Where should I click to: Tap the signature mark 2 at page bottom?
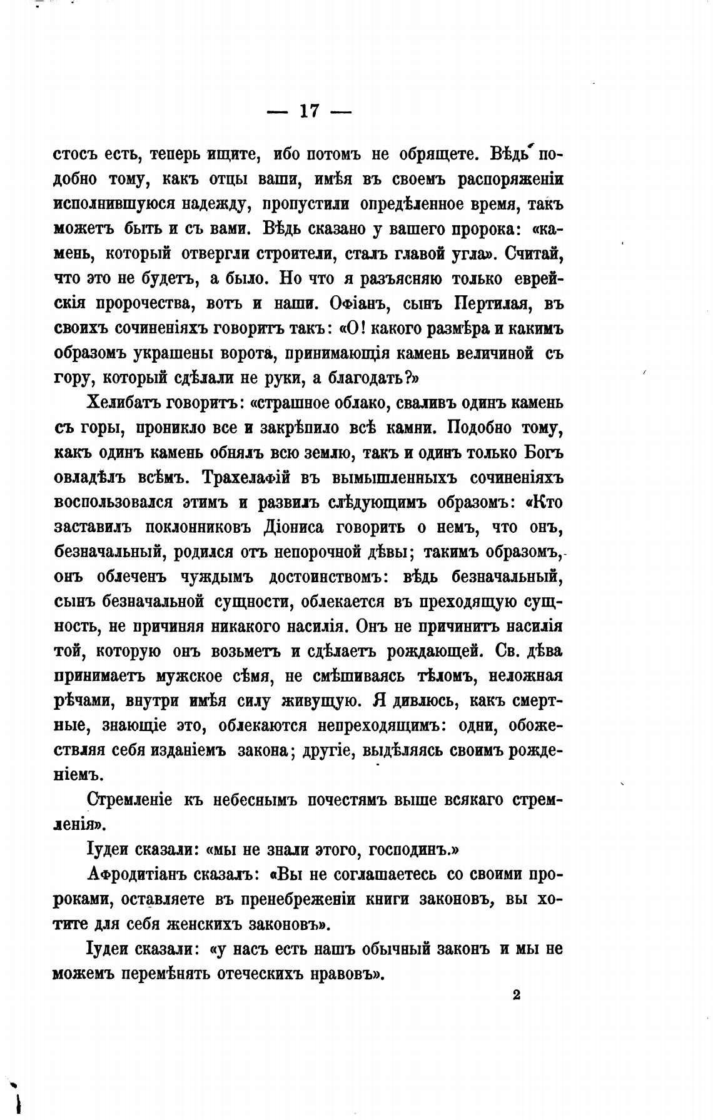tap(516, 996)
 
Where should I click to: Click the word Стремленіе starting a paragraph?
tap(128, 800)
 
